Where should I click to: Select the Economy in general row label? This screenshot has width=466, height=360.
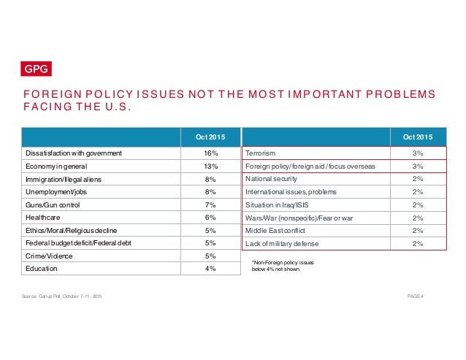click(57, 166)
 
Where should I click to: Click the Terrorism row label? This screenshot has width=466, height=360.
click(261, 153)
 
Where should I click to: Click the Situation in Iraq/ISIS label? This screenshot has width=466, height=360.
click(283, 204)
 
